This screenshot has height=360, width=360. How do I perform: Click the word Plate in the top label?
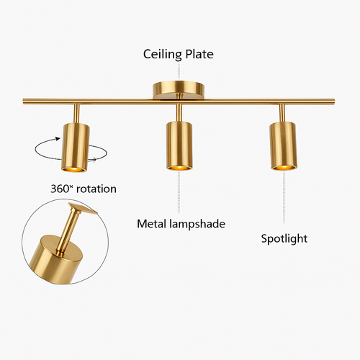pos(199,54)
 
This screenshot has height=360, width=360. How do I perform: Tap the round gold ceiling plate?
pos(179,90)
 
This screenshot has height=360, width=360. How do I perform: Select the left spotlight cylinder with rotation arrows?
pos(75,148)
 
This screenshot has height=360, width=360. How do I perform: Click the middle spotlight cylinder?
pos(179,146)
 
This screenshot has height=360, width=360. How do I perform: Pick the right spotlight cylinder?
pos(284,146)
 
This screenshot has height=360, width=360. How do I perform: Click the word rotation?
pos(96,189)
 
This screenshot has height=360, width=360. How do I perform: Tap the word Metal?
pos(152,224)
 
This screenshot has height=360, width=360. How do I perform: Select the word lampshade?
pos(197,224)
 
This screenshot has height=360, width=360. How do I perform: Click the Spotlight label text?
pos(284,239)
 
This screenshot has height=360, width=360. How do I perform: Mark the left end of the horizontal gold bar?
pos(24,101)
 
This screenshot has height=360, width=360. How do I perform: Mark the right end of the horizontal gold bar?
pos(334,102)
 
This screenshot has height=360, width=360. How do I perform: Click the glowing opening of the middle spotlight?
pos(179,167)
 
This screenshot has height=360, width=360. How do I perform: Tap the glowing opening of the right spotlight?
pos(284,167)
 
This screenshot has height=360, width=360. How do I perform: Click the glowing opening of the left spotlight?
pos(73,169)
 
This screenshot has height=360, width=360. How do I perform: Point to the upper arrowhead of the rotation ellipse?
pos(58,139)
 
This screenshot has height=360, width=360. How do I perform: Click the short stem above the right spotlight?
pos(283,113)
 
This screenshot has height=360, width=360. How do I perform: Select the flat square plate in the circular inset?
pos(83,208)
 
